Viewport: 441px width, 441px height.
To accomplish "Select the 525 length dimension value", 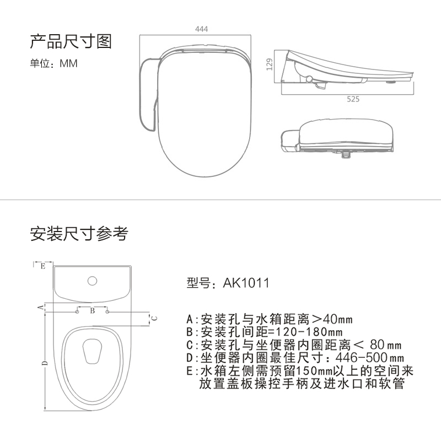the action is (x=353, y=99).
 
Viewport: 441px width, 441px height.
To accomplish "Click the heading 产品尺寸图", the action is (x=71, y=41).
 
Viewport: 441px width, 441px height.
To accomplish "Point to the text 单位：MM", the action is (x=53, y=63).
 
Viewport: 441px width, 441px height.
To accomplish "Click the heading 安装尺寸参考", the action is (x=79, y=234).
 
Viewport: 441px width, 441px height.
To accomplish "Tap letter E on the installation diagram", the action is (x=42, y=266).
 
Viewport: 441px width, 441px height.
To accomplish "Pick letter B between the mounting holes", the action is (x=93, y=311).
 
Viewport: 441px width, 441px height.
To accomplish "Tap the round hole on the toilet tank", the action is (x=92, y=281).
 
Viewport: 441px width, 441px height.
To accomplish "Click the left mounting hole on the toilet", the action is (x=77, y=313).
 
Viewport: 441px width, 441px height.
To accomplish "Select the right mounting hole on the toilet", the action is (x=107, y=313).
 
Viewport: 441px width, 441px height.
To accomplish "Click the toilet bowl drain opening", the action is (x=92, y=351).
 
